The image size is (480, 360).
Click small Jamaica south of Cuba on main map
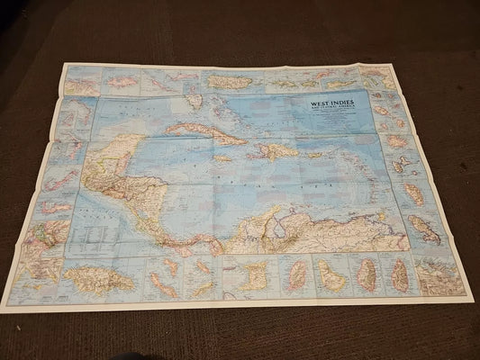[x=222, y=158]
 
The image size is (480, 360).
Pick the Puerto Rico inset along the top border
[x=231, y=82]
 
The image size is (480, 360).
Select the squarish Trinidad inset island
[x=255, y=275]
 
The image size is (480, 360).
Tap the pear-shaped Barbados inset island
[x=330, y=276]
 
